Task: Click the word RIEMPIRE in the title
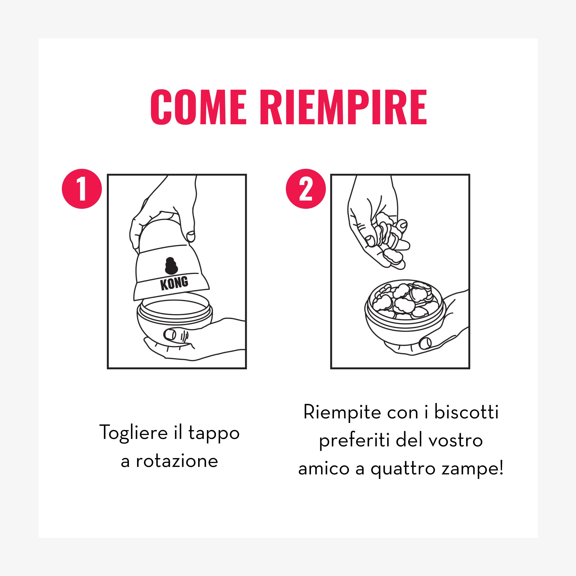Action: coord(343,107)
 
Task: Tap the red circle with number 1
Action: coord(82,189)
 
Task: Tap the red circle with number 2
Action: coord(306,189)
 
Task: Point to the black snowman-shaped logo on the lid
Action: coord(171,266)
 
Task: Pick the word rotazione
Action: coord(177,462)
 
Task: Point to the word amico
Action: coord(324,469)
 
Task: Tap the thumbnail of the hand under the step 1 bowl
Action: coord(170,334)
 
